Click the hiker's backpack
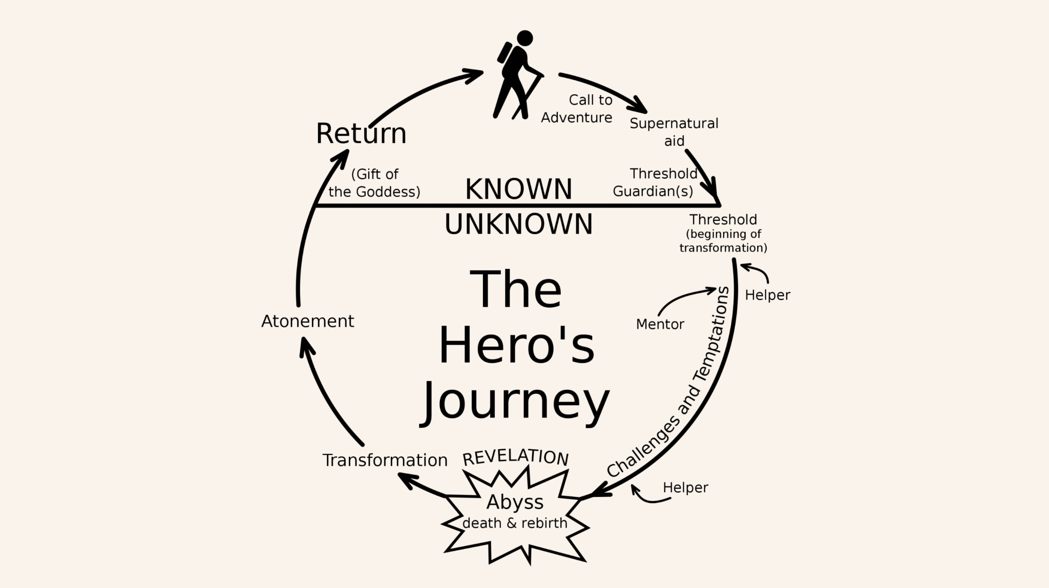[x=505, y=53]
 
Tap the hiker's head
[x=524, y=38]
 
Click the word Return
[x=361, y=133]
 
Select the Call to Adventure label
[x=577, y=109]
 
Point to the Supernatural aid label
[x=674, y=132]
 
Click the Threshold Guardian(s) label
[x=655, y=182]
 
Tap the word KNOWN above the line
[x=518, y=189]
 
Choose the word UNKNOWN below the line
[x=518, y=224]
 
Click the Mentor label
[x=660, y=324]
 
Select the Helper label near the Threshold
[x=767, y=295]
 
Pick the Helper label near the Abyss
[x=685, y=488]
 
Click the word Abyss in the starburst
[x=515, y=502]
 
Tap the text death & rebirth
[x=515, y=523]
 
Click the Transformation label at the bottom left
[x=385, y=460]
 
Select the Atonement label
[x=307, y=321]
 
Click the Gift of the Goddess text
[x=374, y=183]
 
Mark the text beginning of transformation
[x=723, y=241]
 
